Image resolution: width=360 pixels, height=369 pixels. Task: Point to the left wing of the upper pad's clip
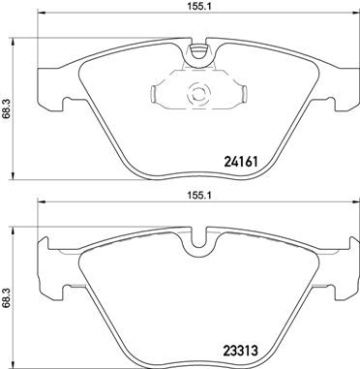click(x=161, y=95)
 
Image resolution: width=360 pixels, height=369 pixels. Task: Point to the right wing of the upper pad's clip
click(x=238, y=94)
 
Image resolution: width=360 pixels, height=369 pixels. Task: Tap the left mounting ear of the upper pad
click(x=53, y=88)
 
